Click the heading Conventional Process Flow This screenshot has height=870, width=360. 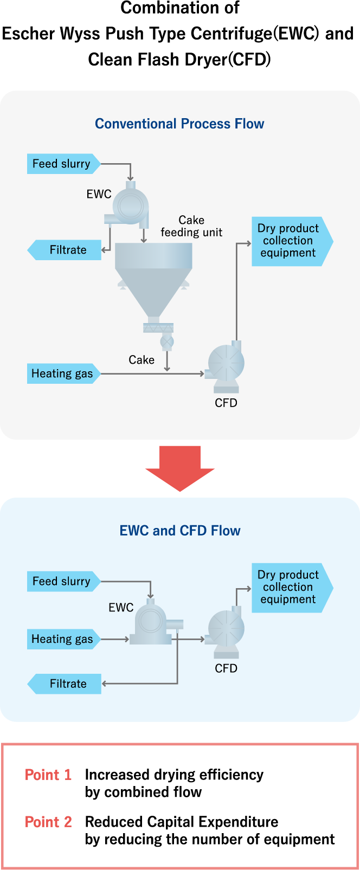coord(179,124)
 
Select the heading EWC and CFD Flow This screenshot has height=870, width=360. coord(179,531)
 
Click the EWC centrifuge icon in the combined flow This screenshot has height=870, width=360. coord(153,622)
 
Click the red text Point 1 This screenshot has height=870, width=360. coord(48,775)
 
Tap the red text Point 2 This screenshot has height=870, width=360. coord(48,822)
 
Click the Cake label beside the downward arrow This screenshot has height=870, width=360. coord(142,360)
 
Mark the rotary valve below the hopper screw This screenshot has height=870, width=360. coord(167,343)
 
